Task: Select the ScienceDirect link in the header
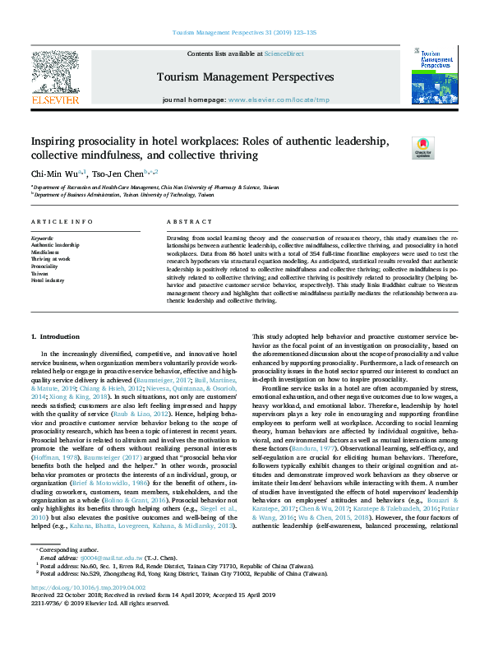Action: click(284, 53)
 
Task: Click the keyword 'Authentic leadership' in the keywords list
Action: click(55, 245)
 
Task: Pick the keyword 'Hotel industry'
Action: click(48, 280)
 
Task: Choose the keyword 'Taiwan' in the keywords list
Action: click(41, 274)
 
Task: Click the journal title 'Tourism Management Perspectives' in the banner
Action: click(247, 77)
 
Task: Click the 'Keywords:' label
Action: click(43, 238)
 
